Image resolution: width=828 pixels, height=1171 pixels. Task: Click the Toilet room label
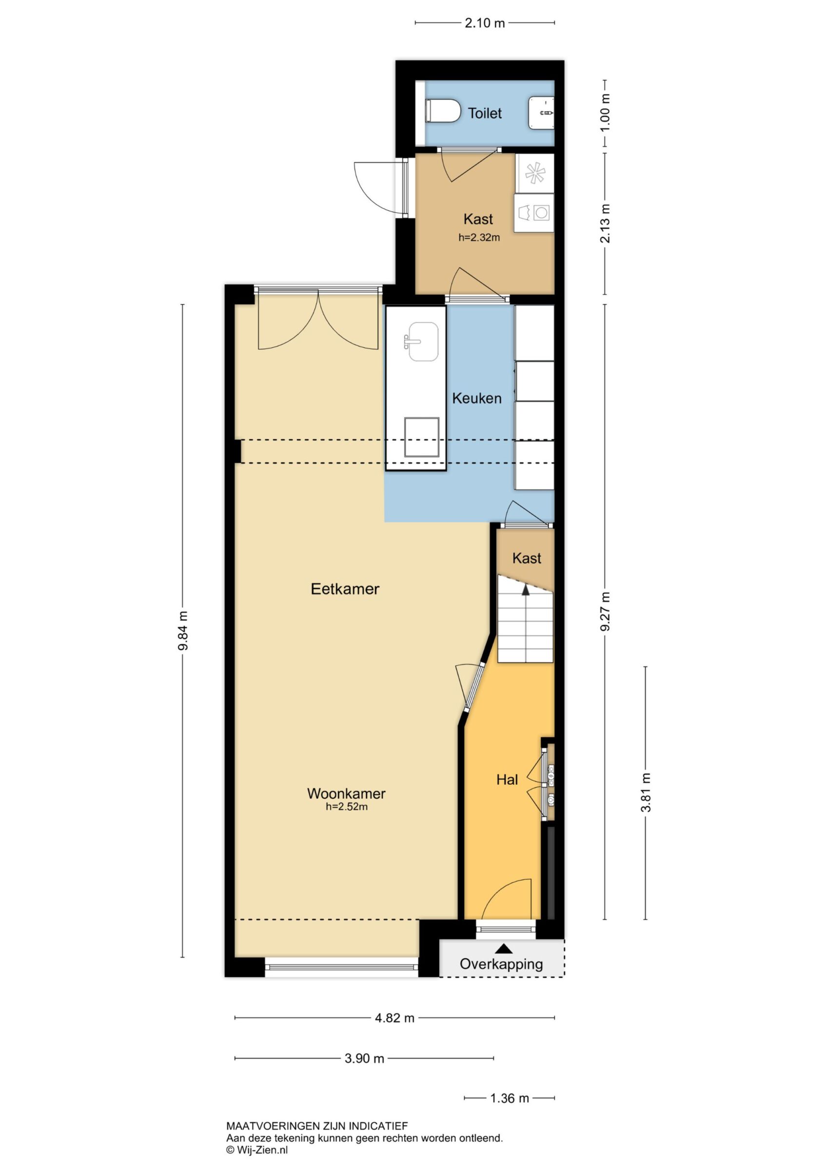(x=484, y=113)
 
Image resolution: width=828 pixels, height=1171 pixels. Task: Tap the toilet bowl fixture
(x=443, y=111)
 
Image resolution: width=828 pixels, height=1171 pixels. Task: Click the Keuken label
(x=477, y=398)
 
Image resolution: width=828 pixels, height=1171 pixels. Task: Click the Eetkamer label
(x=345, y=589)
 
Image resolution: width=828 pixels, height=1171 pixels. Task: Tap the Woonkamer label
(x=346, y=793)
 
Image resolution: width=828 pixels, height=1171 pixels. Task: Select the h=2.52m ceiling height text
(x=347, y=807)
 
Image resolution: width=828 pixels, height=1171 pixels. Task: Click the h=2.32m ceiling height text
(x=479, y=237)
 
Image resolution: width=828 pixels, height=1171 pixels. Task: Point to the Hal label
(x=507, y=780)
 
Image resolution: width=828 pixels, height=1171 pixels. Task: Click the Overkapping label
(x=501, y=964)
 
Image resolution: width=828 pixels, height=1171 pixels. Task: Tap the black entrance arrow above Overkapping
(x=504, y=948)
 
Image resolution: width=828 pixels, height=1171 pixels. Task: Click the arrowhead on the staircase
(x=525, y=590)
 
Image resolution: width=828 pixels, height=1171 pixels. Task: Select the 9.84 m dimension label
(x=183, y=630)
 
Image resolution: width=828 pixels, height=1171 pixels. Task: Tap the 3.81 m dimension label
(x=646, y=793)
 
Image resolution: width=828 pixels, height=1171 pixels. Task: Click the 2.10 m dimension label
(x=484, y=23)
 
